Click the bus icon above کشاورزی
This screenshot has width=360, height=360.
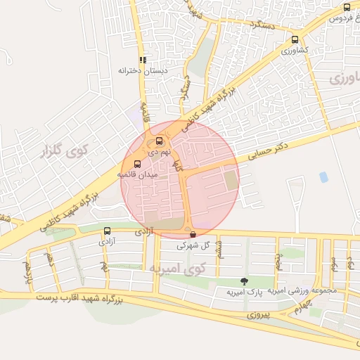coord(295,40)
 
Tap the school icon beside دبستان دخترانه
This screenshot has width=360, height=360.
coord(143,60)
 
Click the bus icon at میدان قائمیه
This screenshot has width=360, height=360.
coord(137,164)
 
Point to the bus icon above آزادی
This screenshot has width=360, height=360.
coord(108,231)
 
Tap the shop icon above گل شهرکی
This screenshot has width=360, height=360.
coord(193,234)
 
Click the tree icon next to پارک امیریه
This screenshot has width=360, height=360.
coord(244,281)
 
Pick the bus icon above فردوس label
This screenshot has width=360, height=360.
coord(347,7)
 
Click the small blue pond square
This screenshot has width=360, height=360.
coord(323,177)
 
